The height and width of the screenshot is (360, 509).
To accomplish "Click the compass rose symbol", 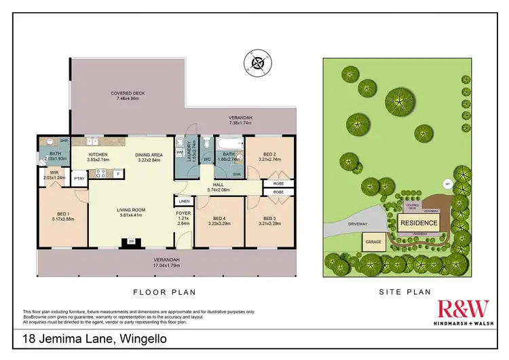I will tap(258, 64).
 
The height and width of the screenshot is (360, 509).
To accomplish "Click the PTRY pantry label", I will tap(79, 179).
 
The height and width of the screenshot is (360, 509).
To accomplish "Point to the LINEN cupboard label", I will tap(184, 202).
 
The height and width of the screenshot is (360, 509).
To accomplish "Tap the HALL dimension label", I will tap(219, 185).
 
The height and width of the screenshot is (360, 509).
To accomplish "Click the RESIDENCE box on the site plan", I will tap(418, 223).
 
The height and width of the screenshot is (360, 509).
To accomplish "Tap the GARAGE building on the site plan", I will tap(374, 242).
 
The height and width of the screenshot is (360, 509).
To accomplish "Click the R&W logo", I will tap(463, 310).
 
